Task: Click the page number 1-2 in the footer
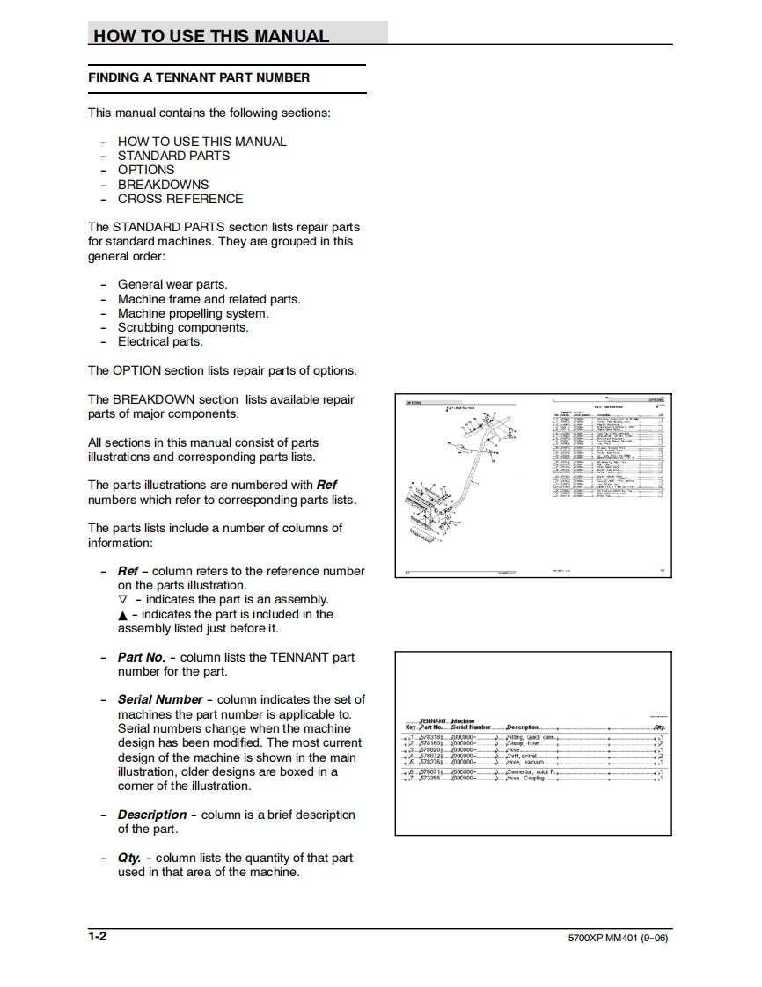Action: point(97,936)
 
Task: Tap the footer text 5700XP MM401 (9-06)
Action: point(619,938)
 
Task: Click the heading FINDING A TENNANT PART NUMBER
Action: point(199,77)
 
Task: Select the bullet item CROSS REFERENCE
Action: point(180,199)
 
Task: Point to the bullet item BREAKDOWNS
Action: point(163,185)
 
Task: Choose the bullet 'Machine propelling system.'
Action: point(193,313)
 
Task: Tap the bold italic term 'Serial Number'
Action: point(160,699)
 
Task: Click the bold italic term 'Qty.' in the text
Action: point(129,858)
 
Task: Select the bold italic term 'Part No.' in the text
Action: point(142,657)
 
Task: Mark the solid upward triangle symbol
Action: point(122,615)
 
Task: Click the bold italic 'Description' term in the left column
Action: point(152,815)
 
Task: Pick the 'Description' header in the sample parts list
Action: point(523,727)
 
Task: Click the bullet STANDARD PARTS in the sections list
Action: point(173,156)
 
